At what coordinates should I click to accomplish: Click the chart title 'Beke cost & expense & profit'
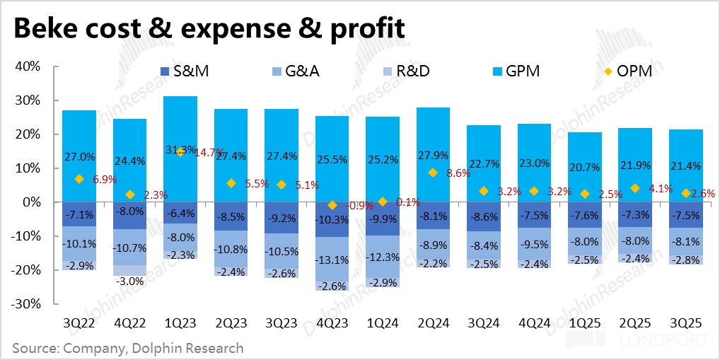[x=209, y=28]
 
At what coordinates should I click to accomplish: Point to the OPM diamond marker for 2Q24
[x=433, y=173]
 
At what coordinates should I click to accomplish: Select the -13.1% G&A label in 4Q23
[x=332, y=260]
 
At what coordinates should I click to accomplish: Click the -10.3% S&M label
[x=332, y=219]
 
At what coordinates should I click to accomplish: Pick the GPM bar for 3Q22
[x=79, y=141]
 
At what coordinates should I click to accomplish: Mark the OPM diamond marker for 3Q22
[x=79, y=179]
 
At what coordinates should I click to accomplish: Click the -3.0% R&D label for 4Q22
[x=129, y=281]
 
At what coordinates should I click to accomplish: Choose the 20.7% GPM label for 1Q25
[x=584, y=168]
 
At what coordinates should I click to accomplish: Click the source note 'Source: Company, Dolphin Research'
[x=127, y=348]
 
